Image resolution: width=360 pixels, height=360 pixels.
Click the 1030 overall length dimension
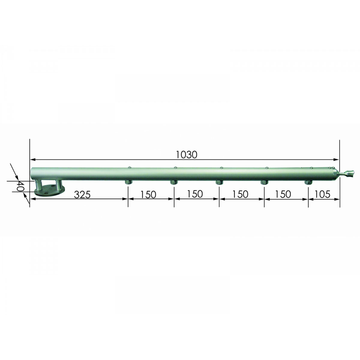click(186, 155)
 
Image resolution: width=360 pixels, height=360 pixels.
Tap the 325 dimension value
click(82, 195)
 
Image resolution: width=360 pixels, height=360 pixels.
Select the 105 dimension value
click(322, 194)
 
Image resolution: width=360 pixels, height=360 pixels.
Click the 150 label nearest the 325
click(148, 194)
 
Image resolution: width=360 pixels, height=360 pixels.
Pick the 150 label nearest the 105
click(283, 194)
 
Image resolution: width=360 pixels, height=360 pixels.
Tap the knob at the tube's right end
click(348, 174)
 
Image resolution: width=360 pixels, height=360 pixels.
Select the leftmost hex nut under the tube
click(128, 182)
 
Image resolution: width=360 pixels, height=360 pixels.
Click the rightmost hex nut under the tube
click(308, 182)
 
